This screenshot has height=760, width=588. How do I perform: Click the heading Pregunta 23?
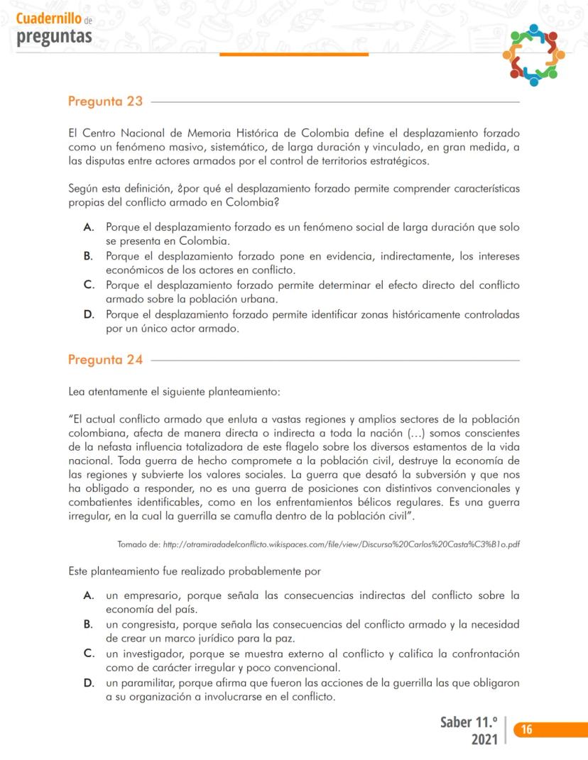coord(105,101)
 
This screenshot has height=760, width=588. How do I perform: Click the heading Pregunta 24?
coord(105,360)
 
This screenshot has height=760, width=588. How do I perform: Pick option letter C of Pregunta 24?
coord(89,654)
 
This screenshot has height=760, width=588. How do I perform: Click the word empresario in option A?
coord(151,595)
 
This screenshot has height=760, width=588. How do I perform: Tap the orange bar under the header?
coord(294,54)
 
